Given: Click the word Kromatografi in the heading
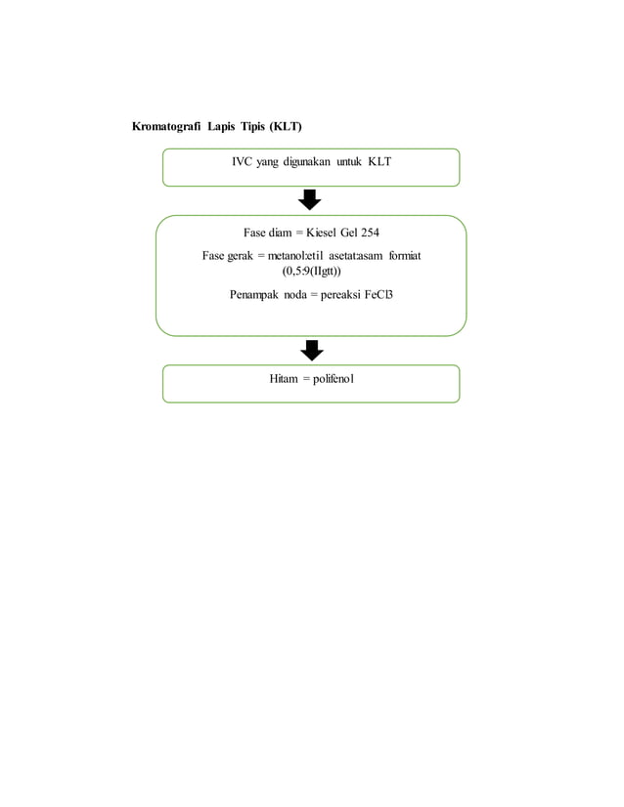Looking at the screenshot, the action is [166, 127].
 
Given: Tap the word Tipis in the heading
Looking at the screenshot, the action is [252, 127].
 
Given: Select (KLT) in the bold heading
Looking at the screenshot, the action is [286, 127].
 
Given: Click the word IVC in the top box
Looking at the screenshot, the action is [242, 161].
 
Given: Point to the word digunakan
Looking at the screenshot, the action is [306, 162].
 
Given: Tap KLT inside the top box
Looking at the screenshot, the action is [379, 161].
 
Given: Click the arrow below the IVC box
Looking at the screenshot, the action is [310, 199].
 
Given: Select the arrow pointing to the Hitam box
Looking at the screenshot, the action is [312, 350].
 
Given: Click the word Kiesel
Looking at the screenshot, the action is [321, 233].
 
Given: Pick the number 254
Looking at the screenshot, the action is [370, 233].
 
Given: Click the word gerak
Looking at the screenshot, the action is [240, 256].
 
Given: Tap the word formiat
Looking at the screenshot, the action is [405, 256].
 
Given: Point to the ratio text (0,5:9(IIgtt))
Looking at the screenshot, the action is [311, 271].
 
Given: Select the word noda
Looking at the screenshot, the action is [295, 295].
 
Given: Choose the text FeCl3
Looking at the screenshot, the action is [379, 295].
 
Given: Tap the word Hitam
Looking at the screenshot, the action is [284, 379].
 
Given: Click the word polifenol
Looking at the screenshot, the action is [334, 379].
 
